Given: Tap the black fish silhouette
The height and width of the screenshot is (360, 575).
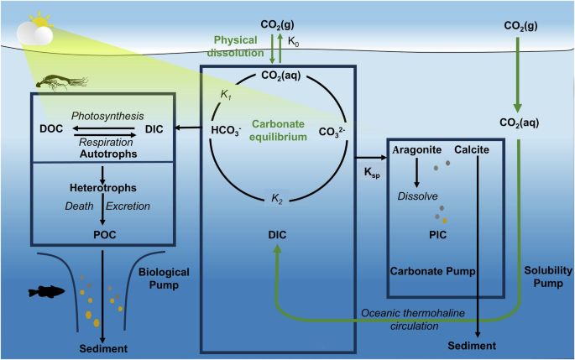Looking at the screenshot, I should click(x=46, y=291).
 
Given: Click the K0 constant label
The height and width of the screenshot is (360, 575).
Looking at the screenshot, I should click(x=295, y=40).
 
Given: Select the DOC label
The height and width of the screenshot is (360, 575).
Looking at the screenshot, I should click(x=53, y=130).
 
